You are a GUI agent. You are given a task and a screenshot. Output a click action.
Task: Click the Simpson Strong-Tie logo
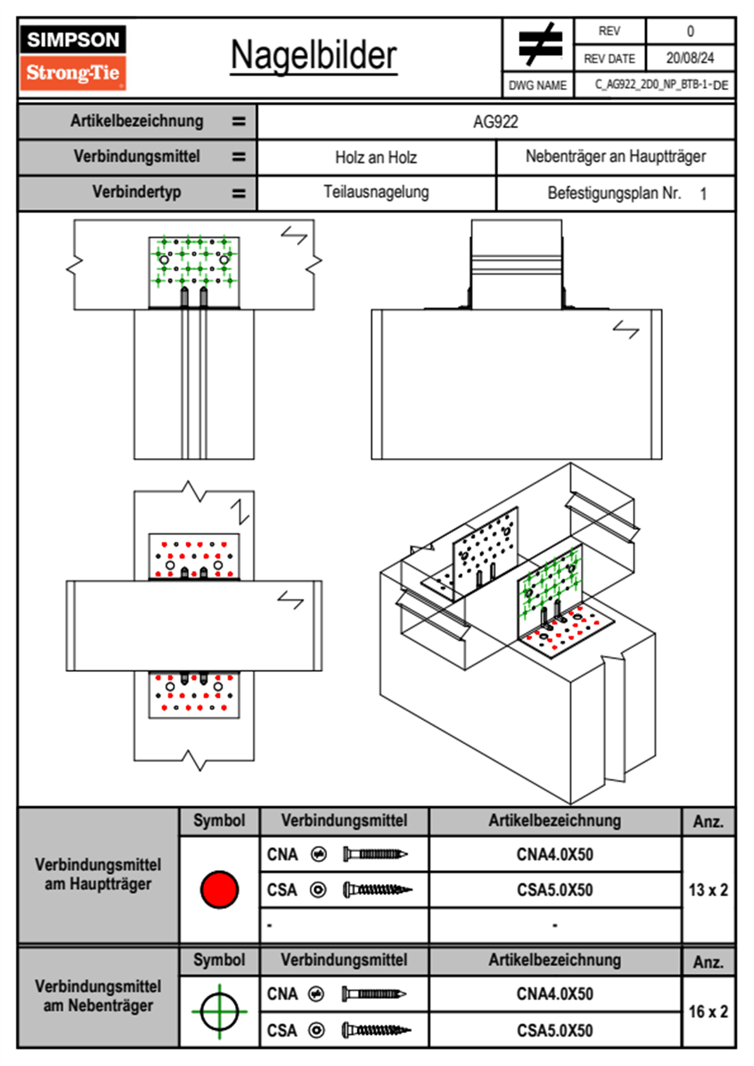(73, 58)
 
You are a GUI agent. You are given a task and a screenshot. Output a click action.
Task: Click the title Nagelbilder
(314, 56)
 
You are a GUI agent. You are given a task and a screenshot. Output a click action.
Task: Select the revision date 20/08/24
(690, 58)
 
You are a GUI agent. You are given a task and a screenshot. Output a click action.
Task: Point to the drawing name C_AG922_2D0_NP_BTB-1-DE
(661, 85)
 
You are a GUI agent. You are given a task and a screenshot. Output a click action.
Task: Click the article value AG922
(495, 122)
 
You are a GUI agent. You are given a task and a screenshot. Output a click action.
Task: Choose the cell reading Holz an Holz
(376, 158)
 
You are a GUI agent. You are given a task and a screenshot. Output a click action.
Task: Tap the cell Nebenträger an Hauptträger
(616, 157)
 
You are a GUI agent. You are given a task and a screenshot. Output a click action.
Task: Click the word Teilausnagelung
(376, 192)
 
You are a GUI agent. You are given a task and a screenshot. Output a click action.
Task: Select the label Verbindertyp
(136, 192)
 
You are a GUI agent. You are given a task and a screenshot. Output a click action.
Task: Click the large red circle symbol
(219, 889)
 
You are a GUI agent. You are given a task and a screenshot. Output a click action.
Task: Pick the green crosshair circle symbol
(219, 1011)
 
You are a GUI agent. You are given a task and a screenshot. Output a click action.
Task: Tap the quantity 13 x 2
(708, 890)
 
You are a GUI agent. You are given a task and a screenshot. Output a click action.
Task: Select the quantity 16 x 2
(708, 1011)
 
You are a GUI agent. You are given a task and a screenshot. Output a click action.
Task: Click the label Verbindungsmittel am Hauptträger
(98, 874)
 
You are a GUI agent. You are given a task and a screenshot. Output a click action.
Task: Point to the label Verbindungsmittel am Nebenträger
(98, 996)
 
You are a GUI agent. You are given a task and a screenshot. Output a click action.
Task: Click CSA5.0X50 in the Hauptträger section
(554, 890)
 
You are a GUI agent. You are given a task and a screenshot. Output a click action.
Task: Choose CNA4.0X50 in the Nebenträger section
(554, 994)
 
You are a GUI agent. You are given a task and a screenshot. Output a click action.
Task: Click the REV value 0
(690, 32)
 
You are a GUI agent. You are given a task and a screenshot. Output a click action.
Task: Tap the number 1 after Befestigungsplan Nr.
(703, 194)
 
